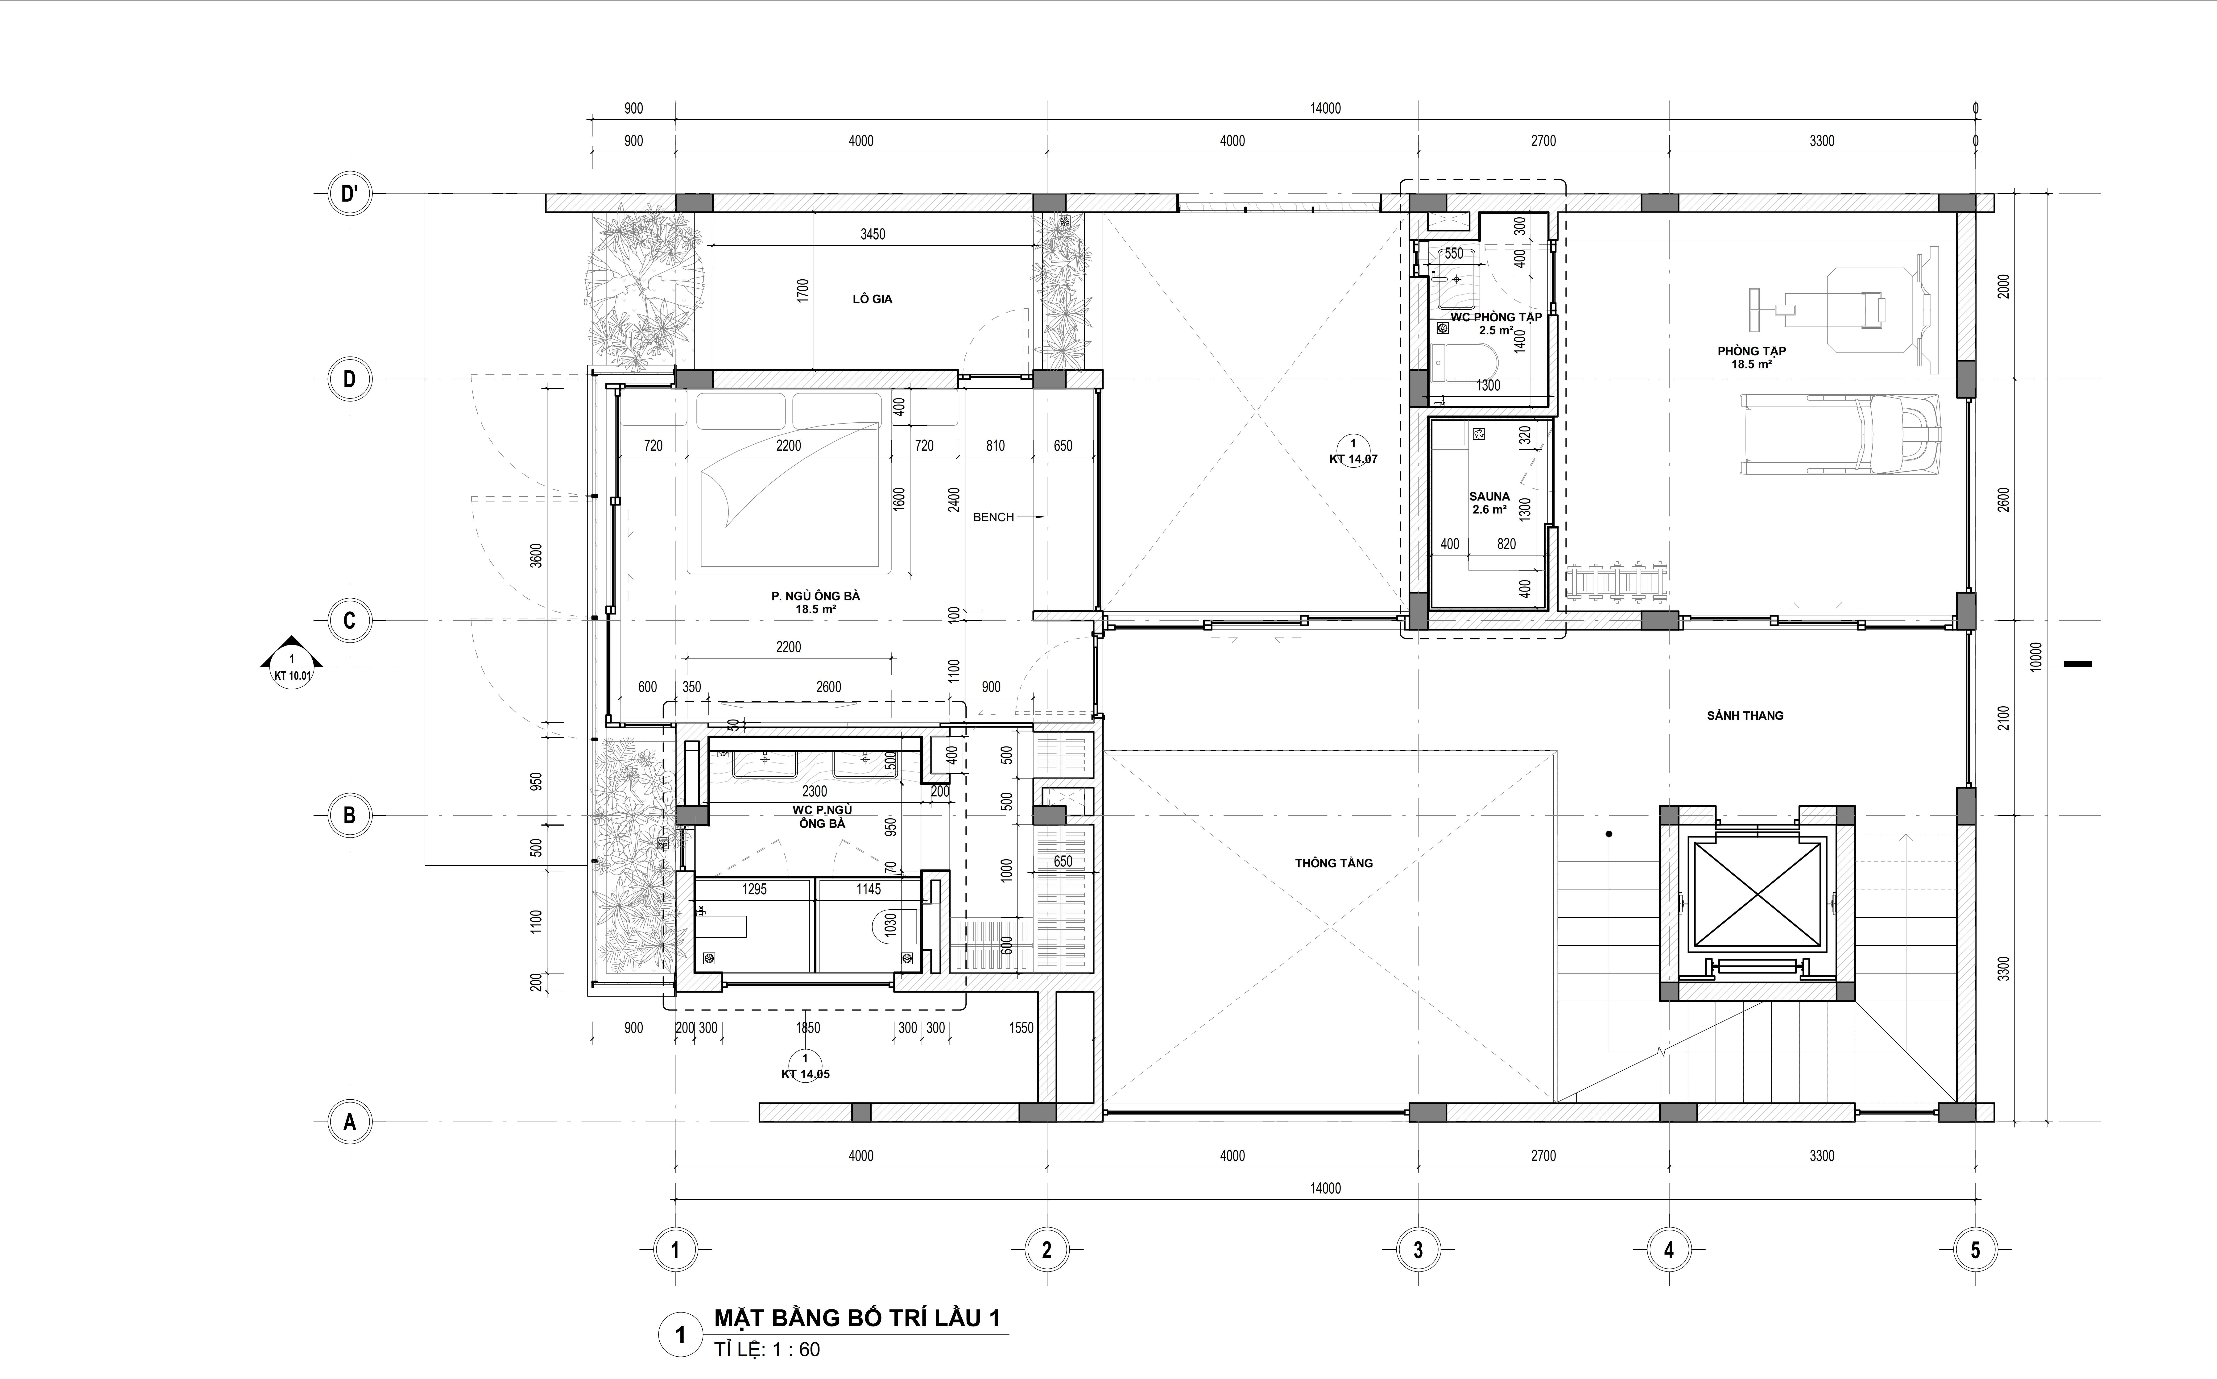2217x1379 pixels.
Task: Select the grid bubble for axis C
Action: [349, 621]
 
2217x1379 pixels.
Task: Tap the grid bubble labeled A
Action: [349, 1123]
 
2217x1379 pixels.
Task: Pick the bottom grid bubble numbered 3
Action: [1418, 1250]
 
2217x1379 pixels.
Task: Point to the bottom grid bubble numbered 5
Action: [1975, 1250]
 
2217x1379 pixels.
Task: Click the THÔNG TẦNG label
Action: [1333, 863]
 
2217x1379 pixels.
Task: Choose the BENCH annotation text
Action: [993, 517]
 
